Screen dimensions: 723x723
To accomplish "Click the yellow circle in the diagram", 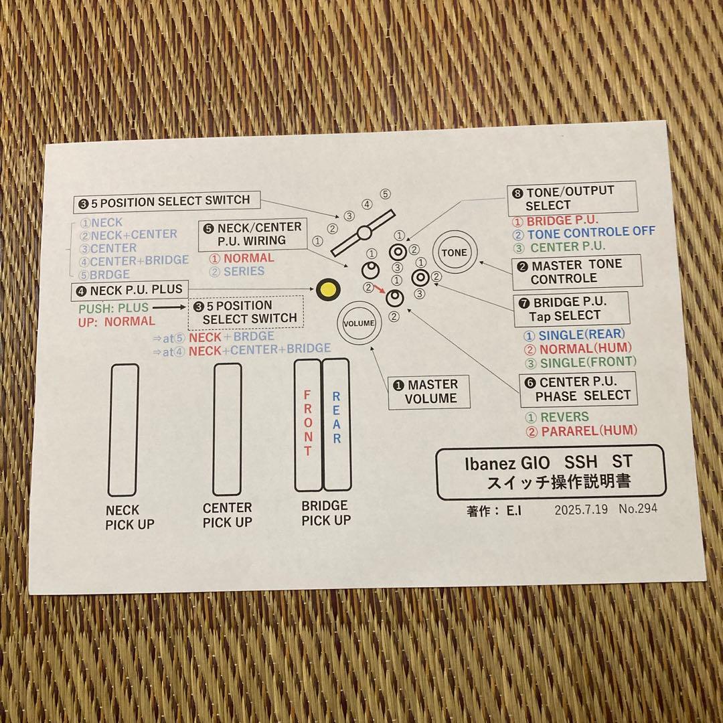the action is [328, 290].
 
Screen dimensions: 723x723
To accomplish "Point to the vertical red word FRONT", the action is [307, 423].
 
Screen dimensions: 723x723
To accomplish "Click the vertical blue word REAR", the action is [337, 417].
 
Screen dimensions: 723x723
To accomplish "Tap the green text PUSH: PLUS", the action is [113, 308].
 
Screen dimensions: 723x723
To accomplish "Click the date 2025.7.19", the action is [581, 509].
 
